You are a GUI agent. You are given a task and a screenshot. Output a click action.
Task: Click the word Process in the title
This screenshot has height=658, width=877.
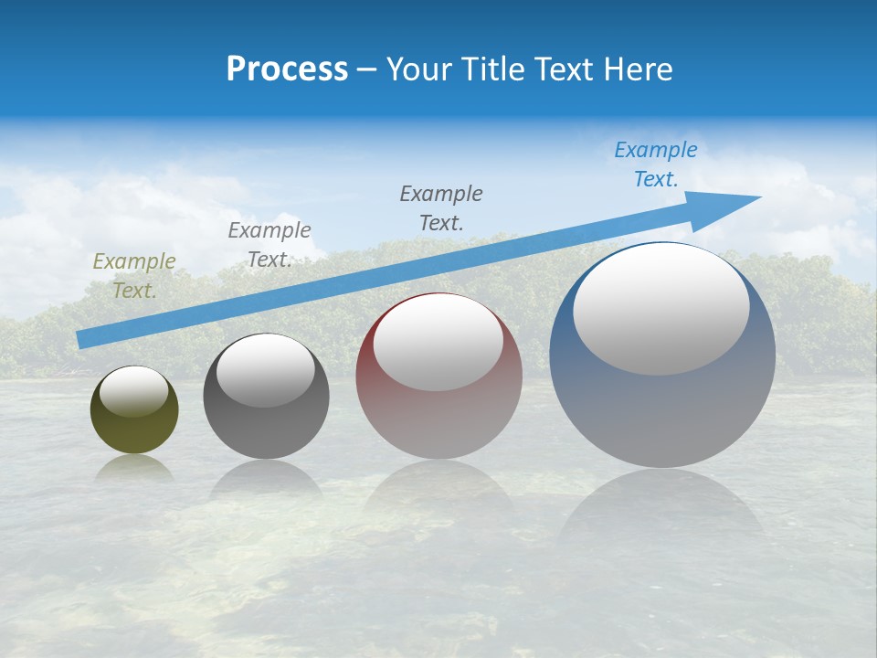tap(287, 69)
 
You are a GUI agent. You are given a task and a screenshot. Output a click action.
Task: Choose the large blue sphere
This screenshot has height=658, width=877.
tap(662, 402)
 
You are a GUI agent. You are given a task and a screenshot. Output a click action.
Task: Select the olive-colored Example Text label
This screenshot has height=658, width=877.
tap(134, 276)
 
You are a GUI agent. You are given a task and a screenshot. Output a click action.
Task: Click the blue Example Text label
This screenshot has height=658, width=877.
tap(655, 164)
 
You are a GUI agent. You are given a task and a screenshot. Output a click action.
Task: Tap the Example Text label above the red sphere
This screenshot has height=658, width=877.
tap(441, 207)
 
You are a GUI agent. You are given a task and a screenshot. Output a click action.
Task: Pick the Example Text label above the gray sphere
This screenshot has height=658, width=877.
tap(269, 245)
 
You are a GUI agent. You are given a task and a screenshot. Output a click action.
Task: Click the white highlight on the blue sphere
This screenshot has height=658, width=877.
tap(660, 309)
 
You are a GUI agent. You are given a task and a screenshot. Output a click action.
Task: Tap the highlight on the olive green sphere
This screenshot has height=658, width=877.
tap(133, 392)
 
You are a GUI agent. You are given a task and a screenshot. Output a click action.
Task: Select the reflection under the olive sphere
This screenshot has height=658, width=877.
tap(134, 468)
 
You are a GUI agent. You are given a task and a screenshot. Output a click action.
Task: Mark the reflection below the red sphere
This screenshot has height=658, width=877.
tap(438, 489)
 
